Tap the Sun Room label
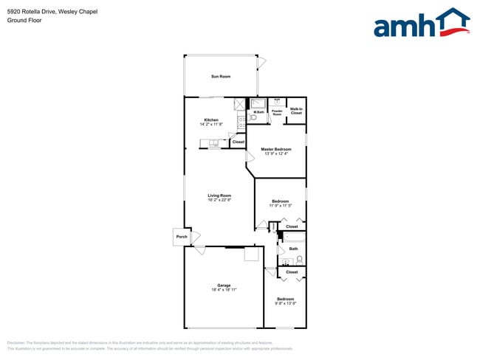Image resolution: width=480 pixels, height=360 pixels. tap(220, 77)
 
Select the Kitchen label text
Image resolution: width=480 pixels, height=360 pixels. tap(211, 120)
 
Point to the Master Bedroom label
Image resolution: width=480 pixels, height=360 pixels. tap(276, 149)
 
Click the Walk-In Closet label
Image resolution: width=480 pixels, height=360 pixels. tap(296, 111)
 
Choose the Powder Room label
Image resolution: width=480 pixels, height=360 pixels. tap(278, 113)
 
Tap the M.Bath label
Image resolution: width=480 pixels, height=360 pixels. tap(259, 112)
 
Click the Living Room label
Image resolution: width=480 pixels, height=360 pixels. tap(219, 195)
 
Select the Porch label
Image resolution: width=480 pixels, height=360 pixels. tap(182, 238)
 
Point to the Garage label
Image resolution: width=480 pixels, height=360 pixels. tap(223, 285)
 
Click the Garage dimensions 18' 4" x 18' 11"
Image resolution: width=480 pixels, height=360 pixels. tap(223, 290)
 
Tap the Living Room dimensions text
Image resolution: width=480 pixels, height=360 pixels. tap(219, 200)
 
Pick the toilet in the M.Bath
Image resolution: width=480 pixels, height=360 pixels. tap(253, 117)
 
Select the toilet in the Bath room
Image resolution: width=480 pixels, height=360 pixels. tap(300, 259)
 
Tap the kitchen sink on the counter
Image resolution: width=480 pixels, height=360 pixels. tap(213, 142)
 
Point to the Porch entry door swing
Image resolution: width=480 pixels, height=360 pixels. tap(196, 238)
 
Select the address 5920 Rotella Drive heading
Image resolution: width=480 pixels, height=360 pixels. tap(52, 12)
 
